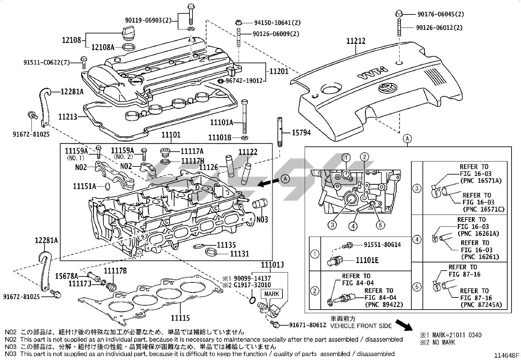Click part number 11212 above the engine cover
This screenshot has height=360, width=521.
point(356,41)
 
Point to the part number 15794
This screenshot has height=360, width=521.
point(301,133)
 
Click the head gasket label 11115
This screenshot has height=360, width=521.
point(180,318)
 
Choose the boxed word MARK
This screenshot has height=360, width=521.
point(272,294)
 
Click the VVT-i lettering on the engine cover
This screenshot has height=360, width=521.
point(373,74)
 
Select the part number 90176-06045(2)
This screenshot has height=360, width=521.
point(440,14)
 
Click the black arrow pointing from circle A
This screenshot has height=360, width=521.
point(268,182)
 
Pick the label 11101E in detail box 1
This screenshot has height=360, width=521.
point(367,260)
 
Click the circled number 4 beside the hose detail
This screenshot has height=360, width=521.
point(417,239)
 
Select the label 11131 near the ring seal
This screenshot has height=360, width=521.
point(239,254)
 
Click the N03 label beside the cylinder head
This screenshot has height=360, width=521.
point(262,219)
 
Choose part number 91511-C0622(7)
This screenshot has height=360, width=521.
point(46,62)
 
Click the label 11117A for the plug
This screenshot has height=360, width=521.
point(192,151)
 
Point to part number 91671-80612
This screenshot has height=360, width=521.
point(308,325)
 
